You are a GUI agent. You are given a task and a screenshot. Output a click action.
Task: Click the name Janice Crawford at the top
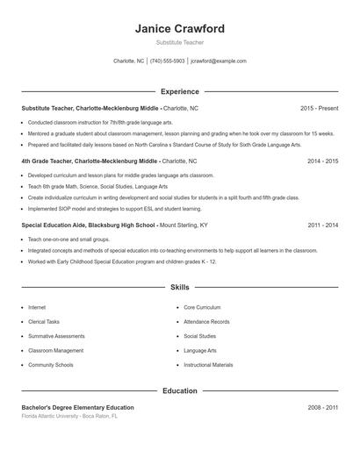(x=180, y=29)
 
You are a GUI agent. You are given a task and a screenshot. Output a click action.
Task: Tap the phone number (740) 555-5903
(x=167, y=61)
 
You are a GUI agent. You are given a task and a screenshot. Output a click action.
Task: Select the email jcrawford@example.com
(x=218, y=61)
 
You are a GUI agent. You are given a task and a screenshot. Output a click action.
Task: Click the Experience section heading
(x=180, y=91)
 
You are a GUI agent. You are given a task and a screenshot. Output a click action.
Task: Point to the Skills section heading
(x=180, y=287)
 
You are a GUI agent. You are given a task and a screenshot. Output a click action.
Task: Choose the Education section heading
(x=180, y=390)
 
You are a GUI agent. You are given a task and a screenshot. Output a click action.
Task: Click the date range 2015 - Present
(x=319, y=108)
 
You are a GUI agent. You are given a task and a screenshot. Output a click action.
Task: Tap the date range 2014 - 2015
(x=322, y=161)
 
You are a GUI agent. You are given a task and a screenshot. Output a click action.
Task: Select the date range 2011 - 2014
(x=322, y=225)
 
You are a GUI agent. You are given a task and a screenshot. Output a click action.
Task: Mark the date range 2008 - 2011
(x=322, y=407)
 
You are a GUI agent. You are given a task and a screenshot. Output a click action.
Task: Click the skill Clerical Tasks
(x=45, y=322)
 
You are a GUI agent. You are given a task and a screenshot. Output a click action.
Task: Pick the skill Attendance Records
(x=206, y=322)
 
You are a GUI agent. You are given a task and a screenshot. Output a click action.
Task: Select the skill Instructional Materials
(x=208, y=364)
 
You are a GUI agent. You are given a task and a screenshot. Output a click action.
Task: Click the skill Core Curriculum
(x=202, y=308)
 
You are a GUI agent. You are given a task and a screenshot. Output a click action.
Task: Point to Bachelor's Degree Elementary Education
(x=77, y=407)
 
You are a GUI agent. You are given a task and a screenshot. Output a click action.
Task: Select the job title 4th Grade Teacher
(x=49, y=161)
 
